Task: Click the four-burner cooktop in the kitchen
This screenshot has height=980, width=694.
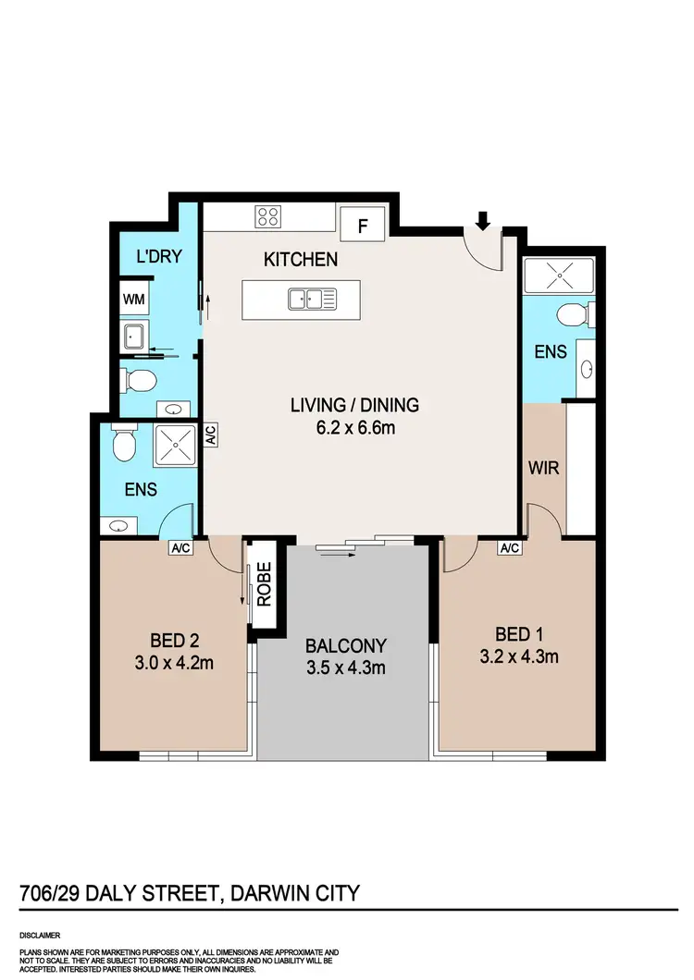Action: pyautogui.click(x=268, y=217)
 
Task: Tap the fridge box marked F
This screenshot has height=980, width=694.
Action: pyautogui.click(x=363, y=225)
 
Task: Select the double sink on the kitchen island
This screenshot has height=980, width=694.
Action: pyautogui.click(x=311, y=299)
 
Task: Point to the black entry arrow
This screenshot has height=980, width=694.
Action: pyautogui.click(x=482, y=221)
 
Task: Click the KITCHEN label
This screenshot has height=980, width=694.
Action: pyautogui.click(x=301, y=260)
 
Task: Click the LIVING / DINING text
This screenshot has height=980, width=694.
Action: pyautogui.click(x=354, y=405)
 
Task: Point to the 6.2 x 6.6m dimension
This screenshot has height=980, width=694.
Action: pyautogui.click(x=354, y=426)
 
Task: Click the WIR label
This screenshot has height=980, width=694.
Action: pyautogui.click(x=544, y=468)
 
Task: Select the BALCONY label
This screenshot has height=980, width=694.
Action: pyautogui.click(x=346, y=645)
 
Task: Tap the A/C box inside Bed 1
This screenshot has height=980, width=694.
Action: pyautogui.click(x=510, y=548)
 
